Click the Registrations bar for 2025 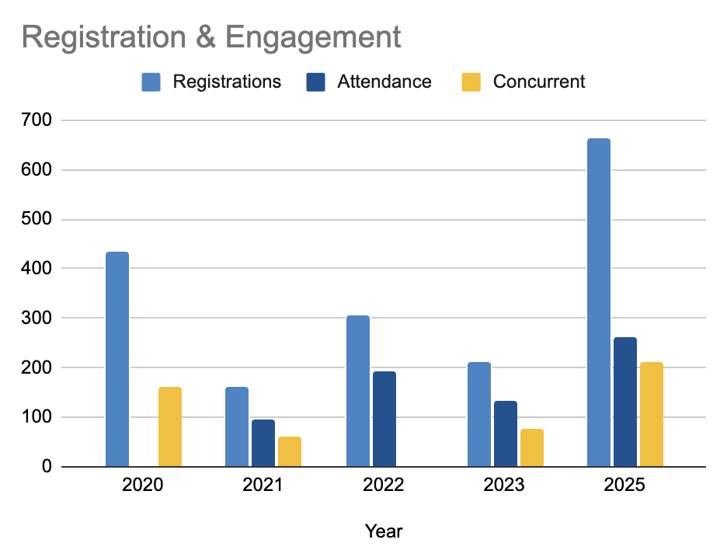[598, 303]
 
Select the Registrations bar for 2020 [117, 359]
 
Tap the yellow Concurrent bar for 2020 [170, 426]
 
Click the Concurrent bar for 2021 [290, 451]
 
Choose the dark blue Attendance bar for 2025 [625, 402]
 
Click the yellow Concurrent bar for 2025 [652, 414]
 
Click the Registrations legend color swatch [151, 82]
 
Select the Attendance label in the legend [384, 82]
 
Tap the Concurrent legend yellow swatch [471, 82]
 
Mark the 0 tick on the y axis [46, 467]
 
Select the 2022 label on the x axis [384, 486]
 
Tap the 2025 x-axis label [624, 486]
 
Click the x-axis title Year [384, 531]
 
